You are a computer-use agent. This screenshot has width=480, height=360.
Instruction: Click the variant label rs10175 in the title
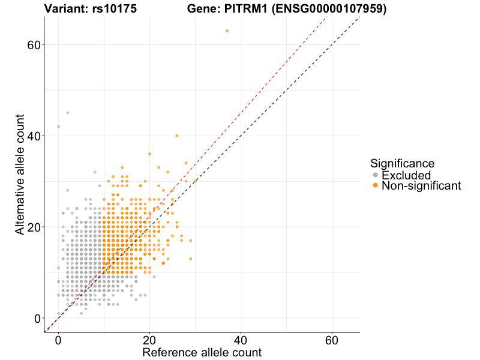pyautogui.click(x=101, y=9)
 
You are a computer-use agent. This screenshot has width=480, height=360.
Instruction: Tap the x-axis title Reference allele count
pyautogui.click(x=202, y=352)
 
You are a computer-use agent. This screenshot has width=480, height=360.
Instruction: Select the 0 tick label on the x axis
pyautogui.click(x=58, y=340)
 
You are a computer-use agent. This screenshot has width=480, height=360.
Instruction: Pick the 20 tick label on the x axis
pyautogui.click(x=149, y=340)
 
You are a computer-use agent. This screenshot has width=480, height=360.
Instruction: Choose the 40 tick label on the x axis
pyautogui.click(x=241, y=340)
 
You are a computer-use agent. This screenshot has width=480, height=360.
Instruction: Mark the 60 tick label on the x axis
pyautogui.click(x=332, y=340)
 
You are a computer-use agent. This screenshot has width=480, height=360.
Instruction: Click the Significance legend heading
pyautogui.click(x=402, y=163)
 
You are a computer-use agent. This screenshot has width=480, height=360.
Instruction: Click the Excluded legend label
pyautogui.click(x=406, y=175)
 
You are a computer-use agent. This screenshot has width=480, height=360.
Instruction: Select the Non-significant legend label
pyautogui.click(x=421, y=186)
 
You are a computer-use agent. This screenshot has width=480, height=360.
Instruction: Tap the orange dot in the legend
pyautogui.click(x=376, y=186)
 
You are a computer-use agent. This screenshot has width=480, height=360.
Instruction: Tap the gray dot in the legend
pyautogui.click(x=376, y=175)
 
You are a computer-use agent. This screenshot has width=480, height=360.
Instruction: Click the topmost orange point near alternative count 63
pyautogui.click(x=227, y=31)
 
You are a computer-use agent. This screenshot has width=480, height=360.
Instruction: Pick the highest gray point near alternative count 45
pyautogui.click(x=67, y=113)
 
